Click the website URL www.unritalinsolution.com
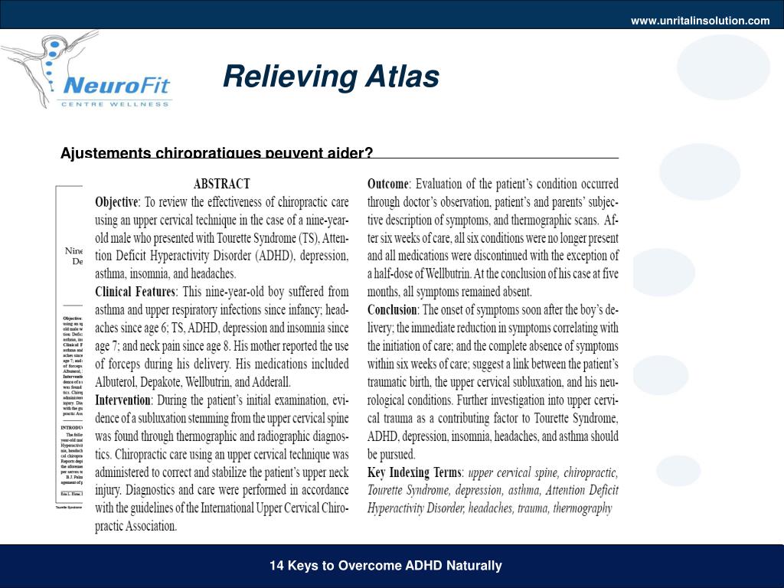tap(700, 21)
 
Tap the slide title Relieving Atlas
tap(331, 77)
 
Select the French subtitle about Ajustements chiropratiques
tap(217, 152)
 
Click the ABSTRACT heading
tap(221, 185)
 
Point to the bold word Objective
tap(116, 203)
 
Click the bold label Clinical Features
tap(135, 292)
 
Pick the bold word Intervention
tap(123, 400)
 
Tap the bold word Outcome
tap(388, 185)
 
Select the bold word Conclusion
tap(392, 310)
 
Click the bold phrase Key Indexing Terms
tap(414, 472)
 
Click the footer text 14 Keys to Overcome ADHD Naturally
tap(385, 566)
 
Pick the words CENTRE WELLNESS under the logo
tap(115, 104)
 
